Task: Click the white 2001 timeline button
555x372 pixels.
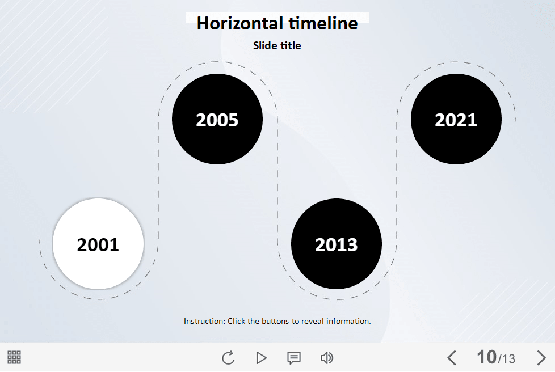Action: point(98,244)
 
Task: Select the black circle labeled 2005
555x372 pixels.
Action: point(217,119)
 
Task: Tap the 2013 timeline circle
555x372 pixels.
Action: point(337,244)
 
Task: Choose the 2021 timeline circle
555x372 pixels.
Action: point(456,119)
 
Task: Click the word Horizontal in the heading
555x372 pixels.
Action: point(239,23)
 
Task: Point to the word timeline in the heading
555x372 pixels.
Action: point(323,23)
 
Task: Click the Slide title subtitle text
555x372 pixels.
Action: point(277,45)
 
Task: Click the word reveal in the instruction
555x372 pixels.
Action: point(312,321)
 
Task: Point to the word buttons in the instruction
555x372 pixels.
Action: point(275,321)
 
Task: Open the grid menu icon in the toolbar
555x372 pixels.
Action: point(14,357)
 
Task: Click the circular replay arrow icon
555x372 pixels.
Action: point(228,357)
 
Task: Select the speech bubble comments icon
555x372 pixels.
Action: point(294,358)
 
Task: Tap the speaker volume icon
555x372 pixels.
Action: point(327,358)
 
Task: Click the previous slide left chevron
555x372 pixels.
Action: point(452,357)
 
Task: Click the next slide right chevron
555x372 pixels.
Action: point(541,357)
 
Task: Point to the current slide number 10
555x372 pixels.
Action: point(487,357)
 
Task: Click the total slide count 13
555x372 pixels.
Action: point(508,359)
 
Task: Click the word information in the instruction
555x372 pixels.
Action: point(348,321)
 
